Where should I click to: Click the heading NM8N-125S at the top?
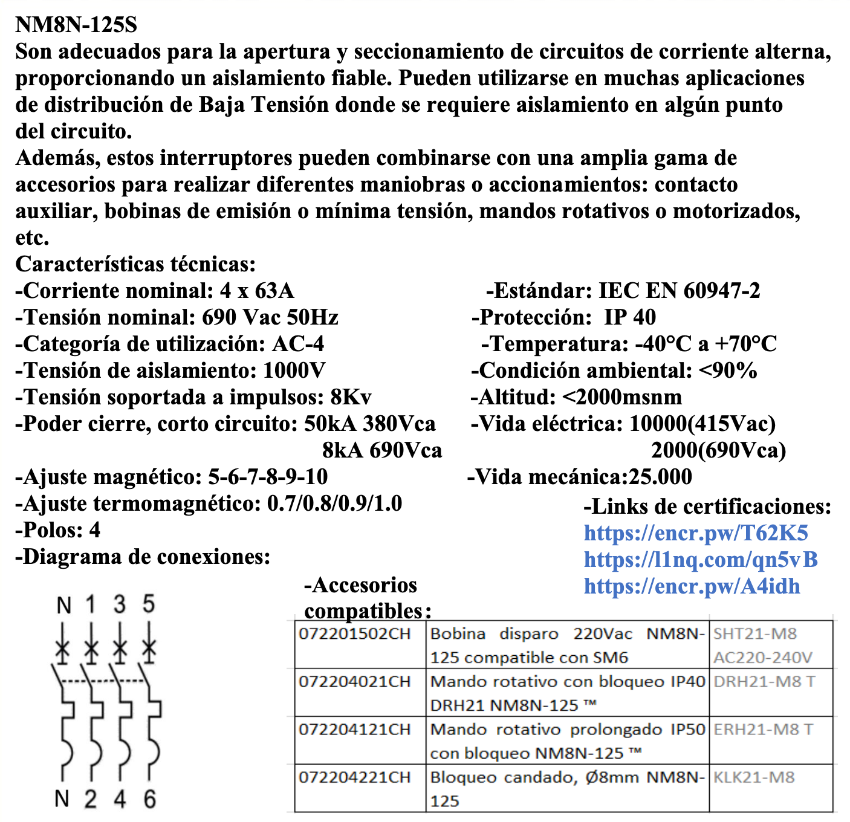click(76, 25)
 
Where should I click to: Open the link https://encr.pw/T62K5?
click(695, 532)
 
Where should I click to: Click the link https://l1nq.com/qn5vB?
click(700, 559)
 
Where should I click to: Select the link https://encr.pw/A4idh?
click(692, 586)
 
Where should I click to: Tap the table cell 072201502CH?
click(354, 634)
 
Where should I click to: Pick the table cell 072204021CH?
click(354, 682)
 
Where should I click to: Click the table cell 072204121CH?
click(354, 730)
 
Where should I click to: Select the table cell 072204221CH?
click(354, 777)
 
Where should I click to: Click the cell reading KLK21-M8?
click(753, 777)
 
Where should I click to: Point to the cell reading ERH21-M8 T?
click(763, 730)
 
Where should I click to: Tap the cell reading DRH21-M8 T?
click(764, 682)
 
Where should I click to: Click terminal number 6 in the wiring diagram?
click(149, 799)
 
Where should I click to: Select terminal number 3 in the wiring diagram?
click(120, 604)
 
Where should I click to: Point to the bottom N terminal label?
click(62, 799)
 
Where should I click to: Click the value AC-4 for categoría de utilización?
click(298, 344)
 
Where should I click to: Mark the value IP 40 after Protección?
click(629, 317)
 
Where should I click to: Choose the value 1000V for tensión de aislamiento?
click(294, 371)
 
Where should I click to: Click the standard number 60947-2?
click(722, 291)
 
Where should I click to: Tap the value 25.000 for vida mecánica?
click(660, 477)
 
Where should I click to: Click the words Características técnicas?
click(135, 264)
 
